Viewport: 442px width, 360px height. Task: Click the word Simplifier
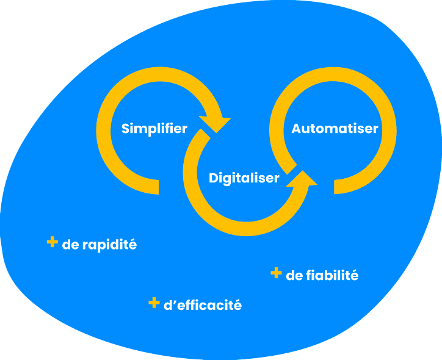point(154,129)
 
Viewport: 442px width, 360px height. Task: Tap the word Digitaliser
point(244,178)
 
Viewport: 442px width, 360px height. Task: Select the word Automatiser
point(335,129)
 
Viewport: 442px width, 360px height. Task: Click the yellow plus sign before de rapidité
point(52,242)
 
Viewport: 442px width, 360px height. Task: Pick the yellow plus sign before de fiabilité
point(276,273)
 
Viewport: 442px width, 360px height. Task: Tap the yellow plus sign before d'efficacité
point(154,302)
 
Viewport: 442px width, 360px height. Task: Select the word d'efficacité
point(203,305)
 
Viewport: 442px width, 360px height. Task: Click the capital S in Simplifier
point(126,129)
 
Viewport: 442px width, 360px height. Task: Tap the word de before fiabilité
point(294,275)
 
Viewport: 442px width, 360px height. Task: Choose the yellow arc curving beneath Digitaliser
point(244,226)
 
